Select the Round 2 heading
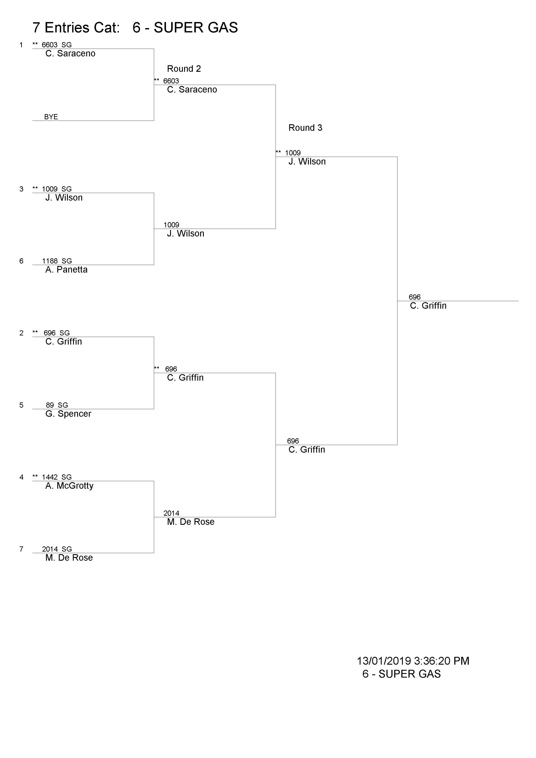coord(184,69)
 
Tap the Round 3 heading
coord(305,128)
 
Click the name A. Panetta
coord(66,270)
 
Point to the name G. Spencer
coord(68,414)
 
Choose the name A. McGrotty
coord(69,486)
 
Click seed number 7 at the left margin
coord(21,549)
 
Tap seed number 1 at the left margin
coord(21,45)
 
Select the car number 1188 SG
coord(57,261)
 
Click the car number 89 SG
coord(57,405)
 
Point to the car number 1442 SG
coord(57,477)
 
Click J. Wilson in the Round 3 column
coord(307,161)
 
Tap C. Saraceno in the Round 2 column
coord(192,89)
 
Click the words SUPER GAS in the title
coord(196,28)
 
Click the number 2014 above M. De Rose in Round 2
coord(171,513)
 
